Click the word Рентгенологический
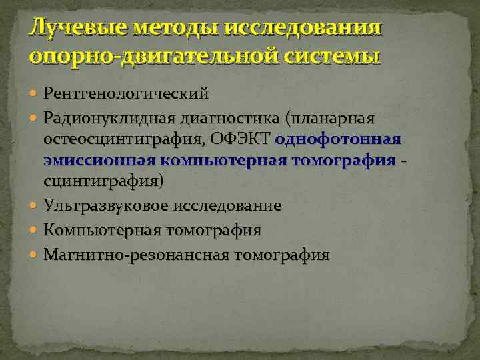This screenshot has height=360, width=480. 127,92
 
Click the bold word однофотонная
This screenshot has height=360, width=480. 337,139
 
